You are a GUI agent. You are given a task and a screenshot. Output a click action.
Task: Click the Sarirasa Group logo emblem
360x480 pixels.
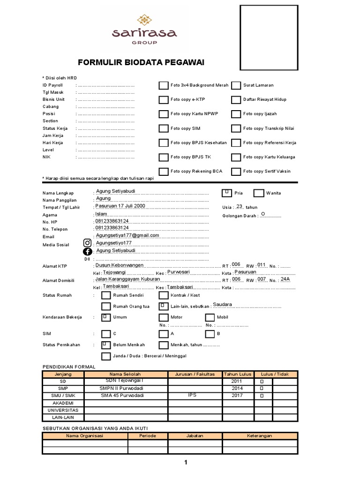pos(144,21)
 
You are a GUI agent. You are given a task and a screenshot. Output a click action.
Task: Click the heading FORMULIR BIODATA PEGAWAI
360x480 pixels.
pos(141,63)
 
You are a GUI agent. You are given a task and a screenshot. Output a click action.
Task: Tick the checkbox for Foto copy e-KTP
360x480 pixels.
pos(163,100)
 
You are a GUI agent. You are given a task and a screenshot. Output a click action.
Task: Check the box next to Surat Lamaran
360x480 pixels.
pos(236,85)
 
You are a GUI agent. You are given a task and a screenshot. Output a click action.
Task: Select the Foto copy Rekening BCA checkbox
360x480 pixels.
pos(163,172)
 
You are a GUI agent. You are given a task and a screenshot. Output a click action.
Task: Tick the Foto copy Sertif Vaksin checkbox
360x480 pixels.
pos(236,172)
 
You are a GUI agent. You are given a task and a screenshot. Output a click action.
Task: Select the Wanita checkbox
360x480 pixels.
pos(259,193)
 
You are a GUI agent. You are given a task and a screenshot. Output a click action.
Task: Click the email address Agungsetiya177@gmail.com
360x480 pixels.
pos(127,235)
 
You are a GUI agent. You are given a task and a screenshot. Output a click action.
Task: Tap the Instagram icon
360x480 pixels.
pos(88,243)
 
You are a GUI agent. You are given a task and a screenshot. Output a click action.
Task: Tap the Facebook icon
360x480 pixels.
pos(88,252)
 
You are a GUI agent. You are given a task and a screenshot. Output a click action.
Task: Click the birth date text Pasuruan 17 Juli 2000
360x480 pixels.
pos(120,206)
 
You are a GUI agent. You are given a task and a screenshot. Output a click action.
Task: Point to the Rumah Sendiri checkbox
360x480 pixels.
pos(106,295)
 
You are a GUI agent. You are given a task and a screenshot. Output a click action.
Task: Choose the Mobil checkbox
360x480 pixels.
pos(210,317)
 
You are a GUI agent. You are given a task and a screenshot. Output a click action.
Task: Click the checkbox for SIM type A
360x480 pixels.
pos(163,334)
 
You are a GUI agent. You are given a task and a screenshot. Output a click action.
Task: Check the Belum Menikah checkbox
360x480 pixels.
pos(106,345)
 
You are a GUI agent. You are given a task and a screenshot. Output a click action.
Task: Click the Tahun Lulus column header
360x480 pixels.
pos(238,374)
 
